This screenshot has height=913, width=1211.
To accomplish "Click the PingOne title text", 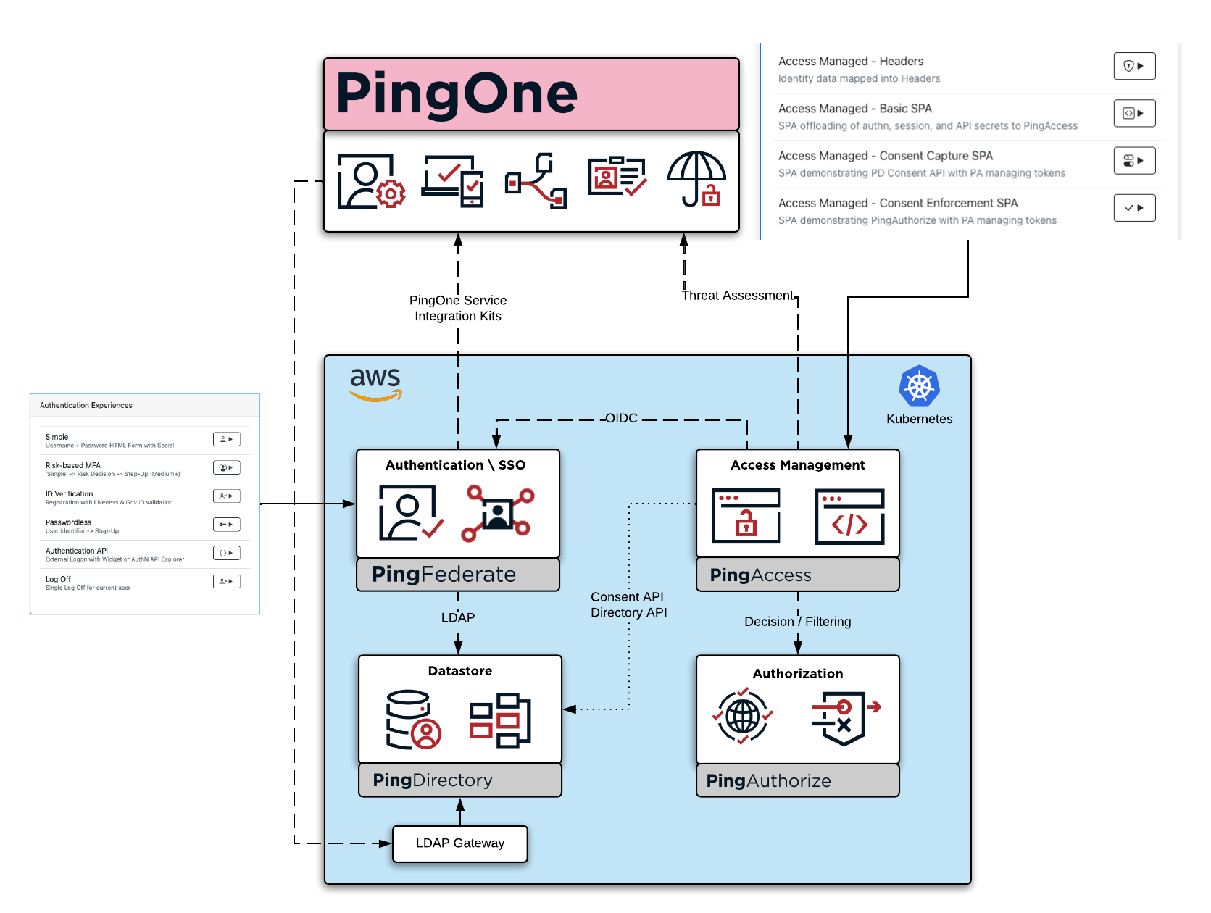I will click(457, 94).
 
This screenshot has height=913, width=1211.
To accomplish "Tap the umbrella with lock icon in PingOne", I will click(696, 180).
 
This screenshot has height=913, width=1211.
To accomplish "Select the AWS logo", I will click(375, 383).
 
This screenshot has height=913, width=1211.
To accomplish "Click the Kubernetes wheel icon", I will click(919, 386).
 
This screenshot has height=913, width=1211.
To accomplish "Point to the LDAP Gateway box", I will click(459, 843).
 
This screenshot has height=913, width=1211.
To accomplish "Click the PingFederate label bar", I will click(457, 575).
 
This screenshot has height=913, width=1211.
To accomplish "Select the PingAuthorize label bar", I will click(797, 781).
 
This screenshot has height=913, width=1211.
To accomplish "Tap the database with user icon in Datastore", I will click(412, 719).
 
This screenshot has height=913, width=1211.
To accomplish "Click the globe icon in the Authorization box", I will click(743, 717).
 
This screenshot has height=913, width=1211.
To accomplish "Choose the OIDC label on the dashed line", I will click(621, 418).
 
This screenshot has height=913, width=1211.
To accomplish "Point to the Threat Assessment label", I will click(737, 296).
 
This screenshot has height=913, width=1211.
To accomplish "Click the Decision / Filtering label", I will click(797, 622).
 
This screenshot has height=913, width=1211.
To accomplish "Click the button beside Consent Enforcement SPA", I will click(1133, 208).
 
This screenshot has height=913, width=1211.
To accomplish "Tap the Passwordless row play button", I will click(226, 525).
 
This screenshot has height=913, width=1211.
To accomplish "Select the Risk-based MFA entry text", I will click(73, 465).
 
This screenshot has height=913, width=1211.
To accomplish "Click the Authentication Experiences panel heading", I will click(86, 405).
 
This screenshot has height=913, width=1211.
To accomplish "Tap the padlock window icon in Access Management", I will click(746, 516).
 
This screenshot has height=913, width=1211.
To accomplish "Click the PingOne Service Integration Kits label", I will click(457, 308).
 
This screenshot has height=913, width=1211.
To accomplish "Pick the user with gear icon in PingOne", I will click(370, 181).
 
